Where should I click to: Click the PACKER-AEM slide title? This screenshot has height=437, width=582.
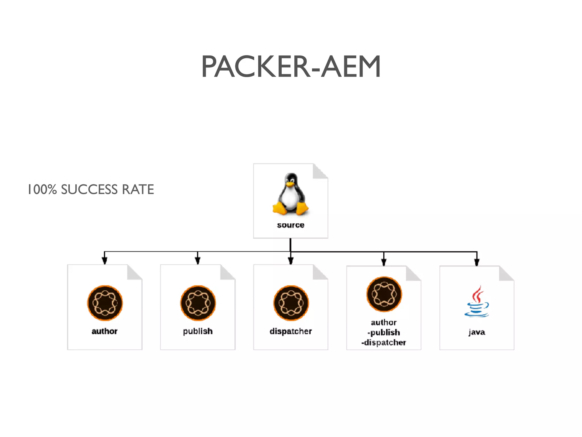291,67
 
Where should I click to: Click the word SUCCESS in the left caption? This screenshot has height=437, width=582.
89,189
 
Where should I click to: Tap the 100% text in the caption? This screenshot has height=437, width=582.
42,189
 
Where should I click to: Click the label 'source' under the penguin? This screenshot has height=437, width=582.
290,225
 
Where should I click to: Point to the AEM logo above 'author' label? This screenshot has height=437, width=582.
105,303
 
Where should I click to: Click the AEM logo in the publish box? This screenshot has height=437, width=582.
198,303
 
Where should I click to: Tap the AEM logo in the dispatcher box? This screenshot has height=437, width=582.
291,303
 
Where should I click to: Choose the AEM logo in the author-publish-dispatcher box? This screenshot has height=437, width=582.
384,294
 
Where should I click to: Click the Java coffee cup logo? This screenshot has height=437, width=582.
477,302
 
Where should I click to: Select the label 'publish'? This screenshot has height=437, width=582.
198,331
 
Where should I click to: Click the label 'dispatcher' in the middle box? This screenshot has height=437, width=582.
291,331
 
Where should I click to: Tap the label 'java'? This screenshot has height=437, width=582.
477,332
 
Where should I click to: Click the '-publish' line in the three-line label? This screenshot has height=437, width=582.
384,332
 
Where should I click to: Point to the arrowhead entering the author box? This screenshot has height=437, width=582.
105,261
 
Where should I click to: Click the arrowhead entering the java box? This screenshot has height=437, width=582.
477,262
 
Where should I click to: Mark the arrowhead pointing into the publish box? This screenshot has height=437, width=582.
198,261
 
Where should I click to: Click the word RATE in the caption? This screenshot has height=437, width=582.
138,189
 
